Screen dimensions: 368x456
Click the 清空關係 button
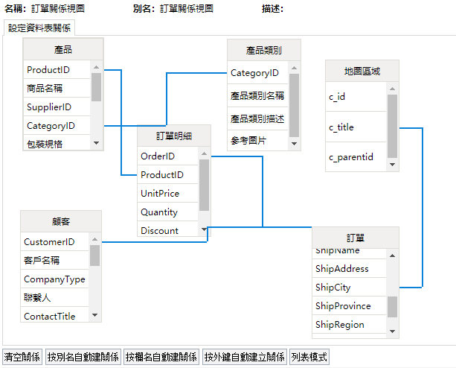pyautogui.click(x=22, y=358)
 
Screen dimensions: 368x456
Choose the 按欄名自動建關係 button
pyautogui.click(x=161, y=358)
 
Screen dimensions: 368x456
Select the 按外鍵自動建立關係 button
pyautogui.click(x=244, y=358)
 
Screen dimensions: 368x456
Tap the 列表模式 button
pyautogui.click(x=309, y=358)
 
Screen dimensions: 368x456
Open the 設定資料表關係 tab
pyautogui.click(x=39, y=28)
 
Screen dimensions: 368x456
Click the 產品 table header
pyautogui.click(x=63, y=50)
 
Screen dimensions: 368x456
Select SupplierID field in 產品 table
pyautogui.click(x=49, y=107)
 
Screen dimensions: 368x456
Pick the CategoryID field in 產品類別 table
pyautogui.click(x=254, y=73)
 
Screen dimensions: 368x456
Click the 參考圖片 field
pyautogui.click(x=248, y=140)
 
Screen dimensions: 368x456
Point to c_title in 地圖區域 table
pyautogui.click(x=341, y=127)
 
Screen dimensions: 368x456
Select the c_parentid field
pyautogui.click(x=351, y=157)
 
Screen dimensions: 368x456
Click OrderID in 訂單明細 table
pyautogui.click(x=158, y=156)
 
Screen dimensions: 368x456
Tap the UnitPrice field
pyautogui.click(x=160, y=194)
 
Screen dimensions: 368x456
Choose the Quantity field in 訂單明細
pyautogui.click(x=159, y=212)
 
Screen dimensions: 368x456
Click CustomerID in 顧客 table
pyautogui.click(x=49, y=242)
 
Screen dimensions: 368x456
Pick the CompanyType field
pyautogui.click(x=54, y=279)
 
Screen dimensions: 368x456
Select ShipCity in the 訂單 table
pyautogui.click(x=333, y=288)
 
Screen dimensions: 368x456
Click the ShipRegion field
pyautogui.click(x=339, y=325)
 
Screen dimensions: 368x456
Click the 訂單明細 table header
pyautogui.click(x=173, y=136)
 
